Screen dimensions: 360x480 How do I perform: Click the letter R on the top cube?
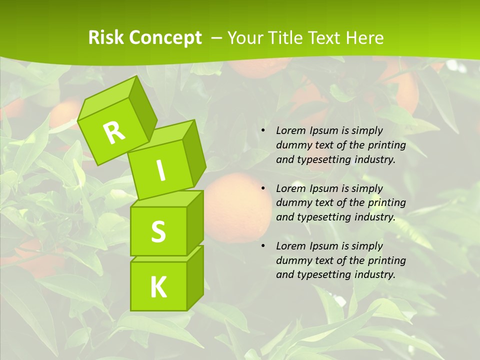coord(113,132)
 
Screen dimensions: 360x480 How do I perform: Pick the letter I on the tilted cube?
coord(160,170)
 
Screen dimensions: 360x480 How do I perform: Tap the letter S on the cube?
coord(158,231)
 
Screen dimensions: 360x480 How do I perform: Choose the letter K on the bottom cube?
coord(158,287)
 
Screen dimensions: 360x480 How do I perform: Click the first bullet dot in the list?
coord(263,131)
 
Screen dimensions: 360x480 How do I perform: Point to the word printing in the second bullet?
coord(387,203)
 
